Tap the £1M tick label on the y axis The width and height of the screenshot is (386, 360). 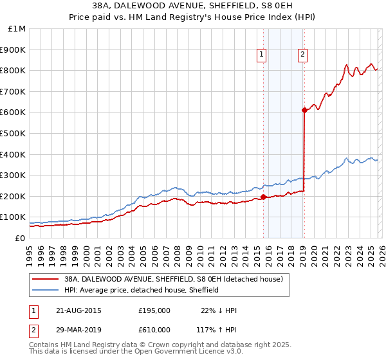(17, 28)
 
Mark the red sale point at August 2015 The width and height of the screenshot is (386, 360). (263, 197)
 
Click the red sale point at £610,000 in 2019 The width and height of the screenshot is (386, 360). (304, 110)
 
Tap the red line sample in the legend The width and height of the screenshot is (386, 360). (46, 280)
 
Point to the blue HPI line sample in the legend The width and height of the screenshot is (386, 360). (46, 290)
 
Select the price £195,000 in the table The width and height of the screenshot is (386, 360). (154, 310)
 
